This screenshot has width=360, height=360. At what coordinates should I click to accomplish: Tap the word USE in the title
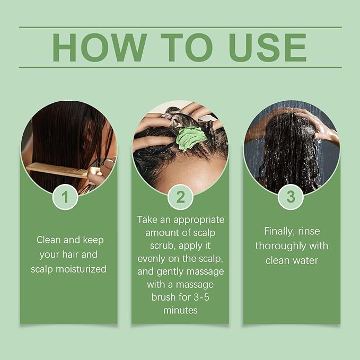(268, 48)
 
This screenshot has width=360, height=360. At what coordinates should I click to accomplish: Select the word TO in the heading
(187, 48)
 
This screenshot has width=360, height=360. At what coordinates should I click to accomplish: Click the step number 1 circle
(65, 197)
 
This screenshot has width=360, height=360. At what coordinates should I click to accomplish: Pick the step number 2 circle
(180, 197)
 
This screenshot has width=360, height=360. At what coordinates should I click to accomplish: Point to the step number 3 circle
(291, 197)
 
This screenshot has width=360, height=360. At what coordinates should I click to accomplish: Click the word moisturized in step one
(81, 269)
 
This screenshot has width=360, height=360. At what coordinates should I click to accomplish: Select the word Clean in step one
(49, 240)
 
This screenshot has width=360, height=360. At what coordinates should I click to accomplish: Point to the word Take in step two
(147, 219)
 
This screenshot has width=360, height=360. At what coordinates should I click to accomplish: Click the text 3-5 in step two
(201, 297)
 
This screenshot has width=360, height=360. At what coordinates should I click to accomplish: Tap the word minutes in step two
(180, 310)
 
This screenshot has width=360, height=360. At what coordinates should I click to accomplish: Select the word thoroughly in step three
(281, 247)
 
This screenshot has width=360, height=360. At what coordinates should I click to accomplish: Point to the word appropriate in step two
(199, 220)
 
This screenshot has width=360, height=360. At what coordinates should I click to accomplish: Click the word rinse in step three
(309, 231)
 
